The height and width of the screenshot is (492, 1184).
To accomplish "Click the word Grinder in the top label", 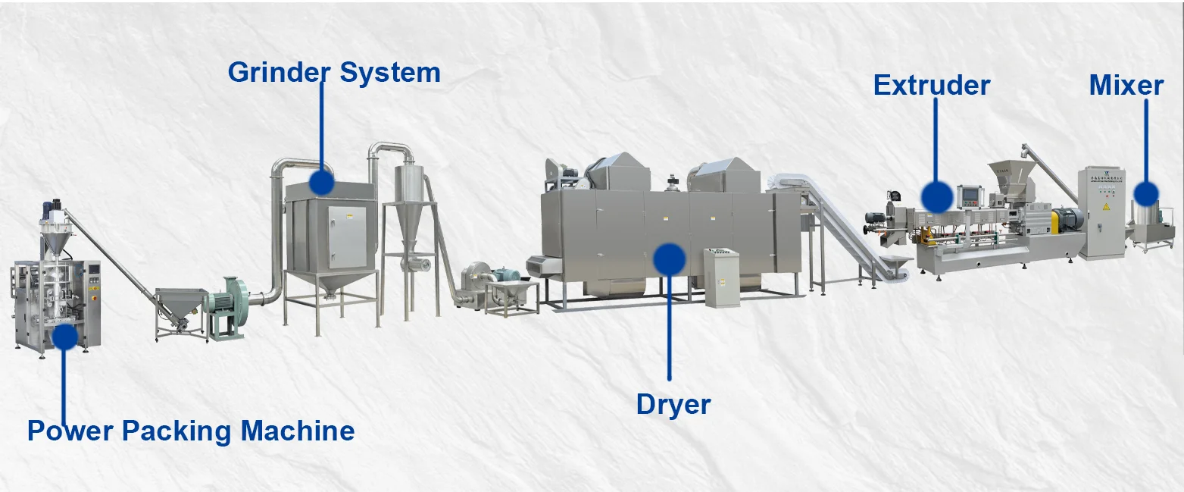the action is click(277, 73).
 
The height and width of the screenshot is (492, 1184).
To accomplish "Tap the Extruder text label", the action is click(931, 85).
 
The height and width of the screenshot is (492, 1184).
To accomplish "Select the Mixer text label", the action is click(1126, 85).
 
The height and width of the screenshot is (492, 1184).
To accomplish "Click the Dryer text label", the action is click(673, 404).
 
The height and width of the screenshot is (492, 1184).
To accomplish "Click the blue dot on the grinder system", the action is click(322, 182).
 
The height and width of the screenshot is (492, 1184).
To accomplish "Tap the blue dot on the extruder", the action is click(937, 196).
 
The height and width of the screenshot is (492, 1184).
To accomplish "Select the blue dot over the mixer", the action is click(1145, 193).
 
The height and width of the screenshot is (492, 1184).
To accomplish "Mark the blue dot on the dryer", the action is click(669, 259).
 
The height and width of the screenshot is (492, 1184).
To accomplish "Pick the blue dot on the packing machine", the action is click(64, 336).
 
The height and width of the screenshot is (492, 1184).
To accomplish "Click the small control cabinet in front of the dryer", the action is click(720, 277).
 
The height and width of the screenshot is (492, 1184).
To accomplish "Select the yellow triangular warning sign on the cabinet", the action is click(1104, 206).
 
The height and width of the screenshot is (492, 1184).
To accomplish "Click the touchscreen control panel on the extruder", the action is click(970, 196).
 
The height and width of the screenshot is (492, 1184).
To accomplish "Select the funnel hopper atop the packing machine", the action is click(54, 242).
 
